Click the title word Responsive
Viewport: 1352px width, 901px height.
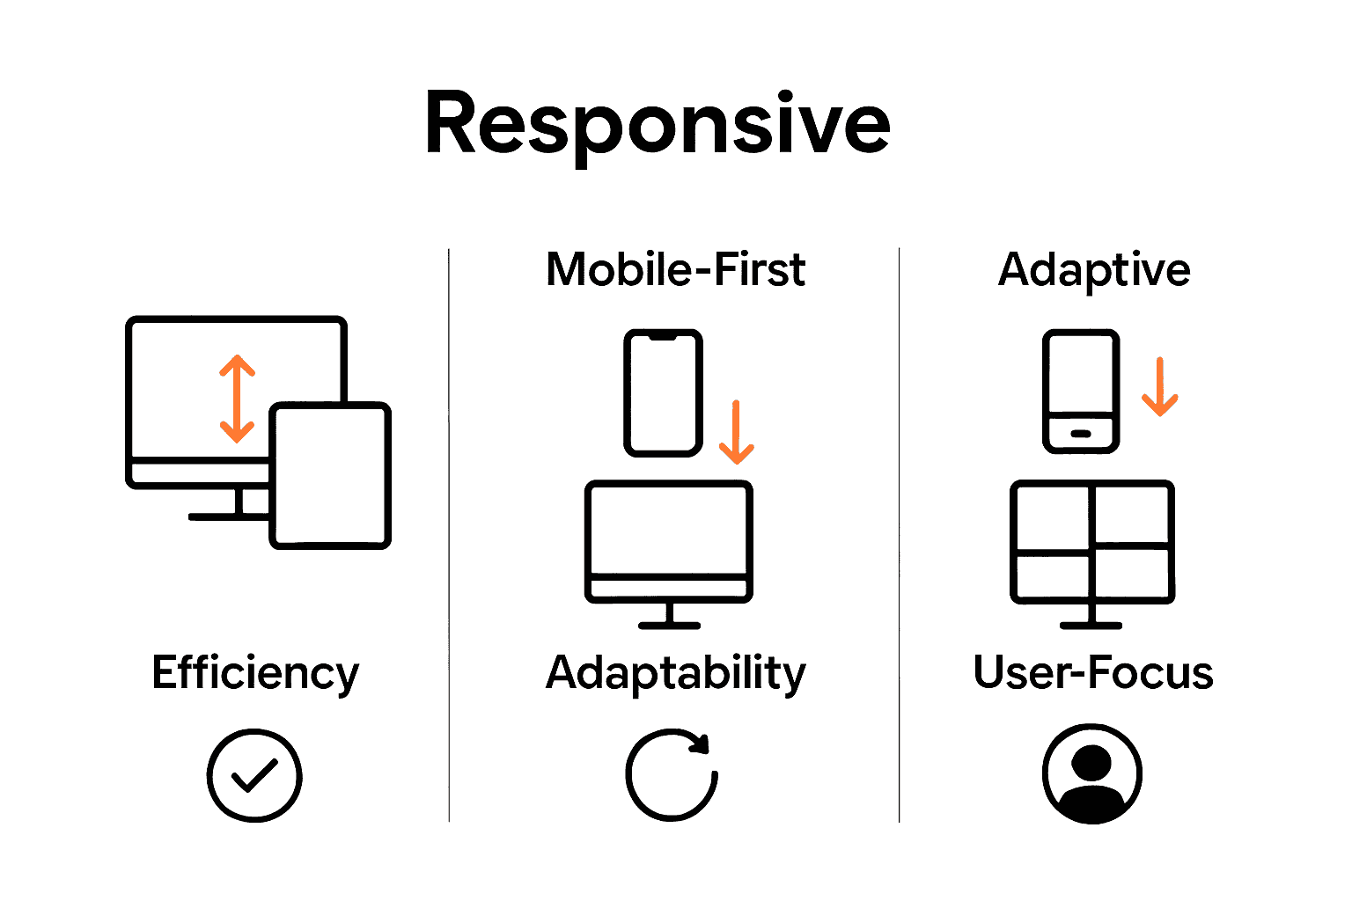(x=658, y=125)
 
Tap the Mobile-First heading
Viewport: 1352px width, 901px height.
(x=675, y=269)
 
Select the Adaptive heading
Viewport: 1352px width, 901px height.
(x=1094, y=269)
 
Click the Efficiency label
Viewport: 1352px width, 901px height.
(x=255, y=673)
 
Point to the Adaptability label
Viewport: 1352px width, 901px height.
(x=675, y=673)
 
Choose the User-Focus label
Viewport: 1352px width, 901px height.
(x=1093, y=673)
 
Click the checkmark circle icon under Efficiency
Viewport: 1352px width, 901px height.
(x=254, y=775)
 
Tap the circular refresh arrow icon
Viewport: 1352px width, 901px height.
(x=672, y=774)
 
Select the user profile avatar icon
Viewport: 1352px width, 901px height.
(x=1092, y=774)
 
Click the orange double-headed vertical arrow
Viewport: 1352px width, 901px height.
(x=237, y=399)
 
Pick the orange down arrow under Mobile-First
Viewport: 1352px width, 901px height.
(x=737, y=432)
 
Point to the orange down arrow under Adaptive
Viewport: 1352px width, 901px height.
(x=1160, y=386)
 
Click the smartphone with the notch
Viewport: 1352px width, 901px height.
(x=663, y=392)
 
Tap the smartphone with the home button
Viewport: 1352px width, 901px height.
(x=1081, y=392)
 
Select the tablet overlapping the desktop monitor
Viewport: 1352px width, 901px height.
(x=330, y=475)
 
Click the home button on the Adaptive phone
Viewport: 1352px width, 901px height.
(x=1081, y=434)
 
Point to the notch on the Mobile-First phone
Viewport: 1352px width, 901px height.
(x=663, y=337)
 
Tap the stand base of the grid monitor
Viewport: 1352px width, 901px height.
(x=1091, y=626)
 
